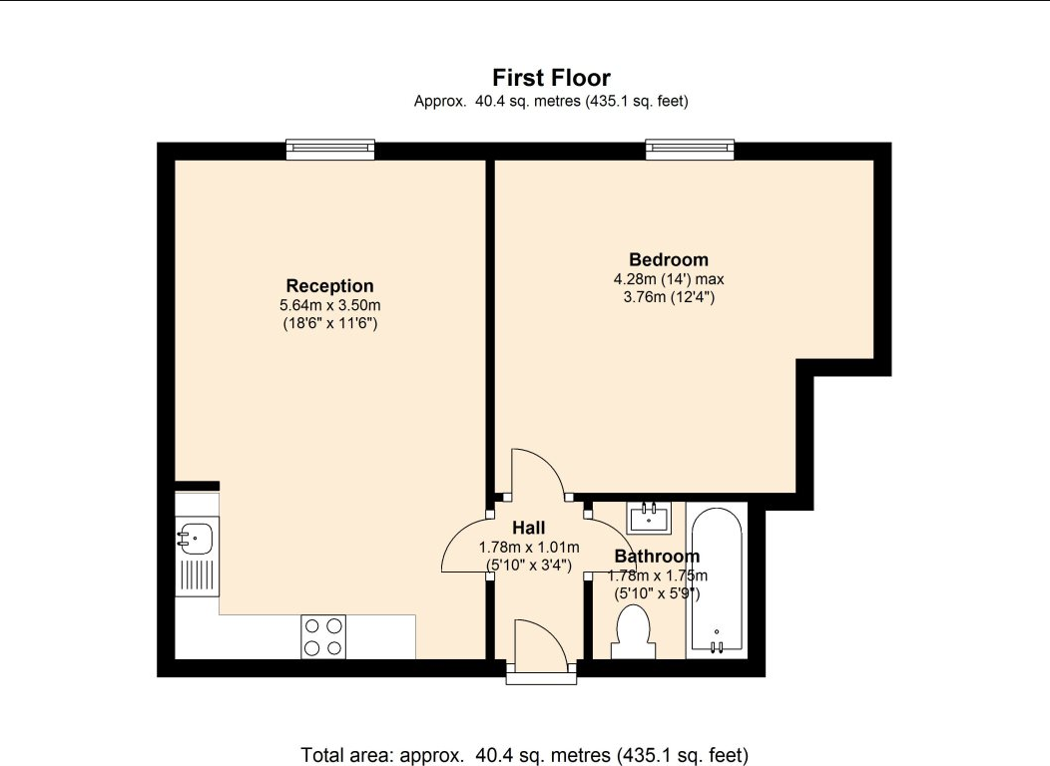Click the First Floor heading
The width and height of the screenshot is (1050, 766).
[x=551, y=78]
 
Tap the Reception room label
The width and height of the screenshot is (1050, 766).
[x=330, y=285]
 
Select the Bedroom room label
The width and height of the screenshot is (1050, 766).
[x=669, y=259]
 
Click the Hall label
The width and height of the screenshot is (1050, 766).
[x=529, y=528]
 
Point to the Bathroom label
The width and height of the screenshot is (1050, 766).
[x=657, y=556]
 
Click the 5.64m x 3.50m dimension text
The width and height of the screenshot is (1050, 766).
[x=330, y=306]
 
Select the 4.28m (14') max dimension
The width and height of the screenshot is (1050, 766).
[x=669, y=279]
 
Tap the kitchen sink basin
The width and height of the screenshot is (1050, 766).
[x=195, y=538]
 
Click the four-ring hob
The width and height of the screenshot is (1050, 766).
[x=323, y=637]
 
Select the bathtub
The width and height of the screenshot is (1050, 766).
[x=717, y=580]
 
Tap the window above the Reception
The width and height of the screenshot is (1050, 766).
[x=330, y=150]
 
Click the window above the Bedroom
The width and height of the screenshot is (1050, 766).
[x=690, y=150]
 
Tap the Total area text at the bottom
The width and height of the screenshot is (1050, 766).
[x=524, y=755]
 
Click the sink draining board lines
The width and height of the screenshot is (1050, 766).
[x=198, y=576]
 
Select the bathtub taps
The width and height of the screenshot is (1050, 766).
[x=717, y=646]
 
